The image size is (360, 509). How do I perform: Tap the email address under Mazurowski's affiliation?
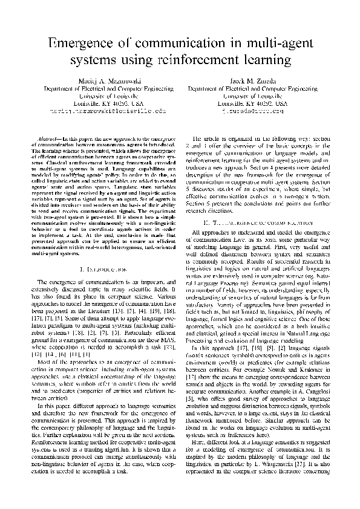point(108,111)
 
